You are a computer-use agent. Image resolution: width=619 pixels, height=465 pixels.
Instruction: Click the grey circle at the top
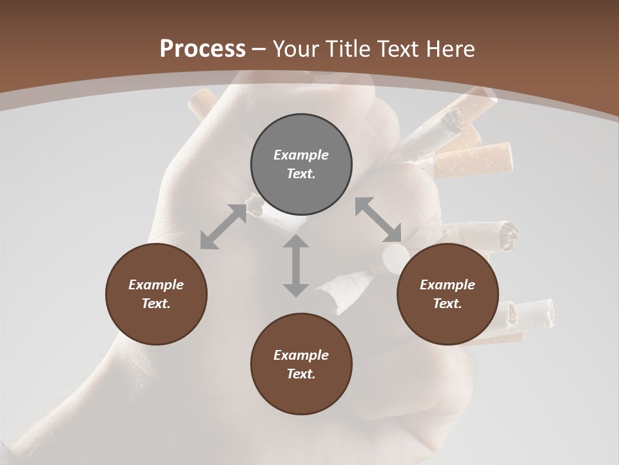pyautogui.click(x=301, y=165)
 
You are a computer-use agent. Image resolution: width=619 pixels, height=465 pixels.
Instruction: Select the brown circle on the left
pyautogui.click(x=156, y=294)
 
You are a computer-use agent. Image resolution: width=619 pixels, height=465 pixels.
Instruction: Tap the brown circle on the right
pyautogui.click(x=447, y=294)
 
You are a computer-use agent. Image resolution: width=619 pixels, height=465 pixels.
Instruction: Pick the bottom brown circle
pyautogui.click(x=301, y=364)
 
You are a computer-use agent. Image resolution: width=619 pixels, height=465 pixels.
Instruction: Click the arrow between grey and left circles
pyautogui.click(x=223, y=227)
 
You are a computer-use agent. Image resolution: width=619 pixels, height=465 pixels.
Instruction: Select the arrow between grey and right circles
pyautogui.click(x=378, y=220)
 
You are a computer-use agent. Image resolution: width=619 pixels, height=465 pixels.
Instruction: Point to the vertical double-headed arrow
pyautogui.click(x=296, y=266)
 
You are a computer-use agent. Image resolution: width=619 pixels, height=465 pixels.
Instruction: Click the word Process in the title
pyautogui.click(x=202, y=48)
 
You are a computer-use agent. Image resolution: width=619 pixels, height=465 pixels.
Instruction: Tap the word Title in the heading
pyautogui.click(x=350, y=48)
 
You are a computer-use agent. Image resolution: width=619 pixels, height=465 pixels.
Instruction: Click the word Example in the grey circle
pyautogui.click(x=301, y=155)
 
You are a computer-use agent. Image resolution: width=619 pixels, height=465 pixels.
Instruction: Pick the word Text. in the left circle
pyautogui.click(x=156, y=304)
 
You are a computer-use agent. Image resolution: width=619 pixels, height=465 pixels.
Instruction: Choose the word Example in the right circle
pyautogui.click(x=447, y=285)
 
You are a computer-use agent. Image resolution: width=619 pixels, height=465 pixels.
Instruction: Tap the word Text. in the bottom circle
pyautogui.click(x=301, y=374)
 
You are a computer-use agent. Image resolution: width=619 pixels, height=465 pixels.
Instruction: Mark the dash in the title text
pyautogui.click(x=259, y=49)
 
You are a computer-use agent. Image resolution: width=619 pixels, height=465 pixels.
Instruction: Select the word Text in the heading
pyautogui.click(x=402, y=48)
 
